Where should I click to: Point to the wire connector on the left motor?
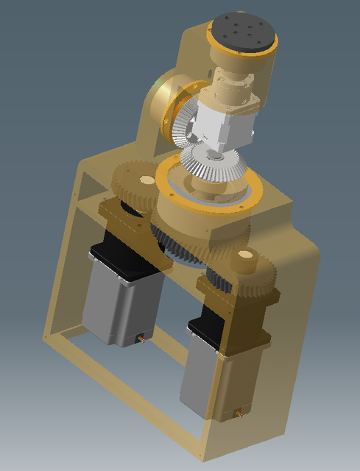click(141, 339)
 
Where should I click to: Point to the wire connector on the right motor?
click(238, 416)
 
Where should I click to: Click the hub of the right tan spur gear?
click(244, 258)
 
